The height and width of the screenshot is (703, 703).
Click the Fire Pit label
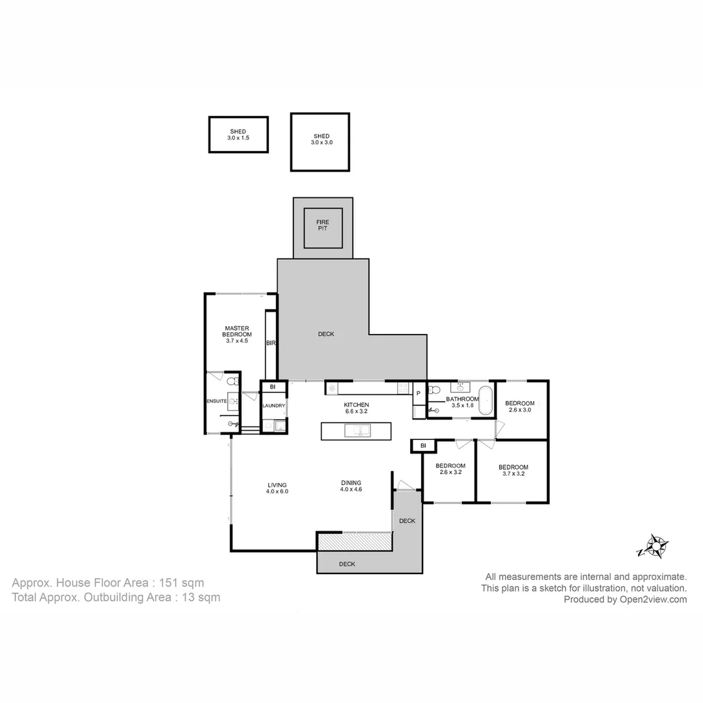tap(323, 225)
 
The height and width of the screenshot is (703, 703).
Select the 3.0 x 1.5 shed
tap(238, 135)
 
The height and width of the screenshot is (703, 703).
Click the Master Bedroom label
tap(238, 331)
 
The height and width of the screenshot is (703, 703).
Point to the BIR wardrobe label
tap(271, 342)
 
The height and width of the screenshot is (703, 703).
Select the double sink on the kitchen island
tap(357, 430)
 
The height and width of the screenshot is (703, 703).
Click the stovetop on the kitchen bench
tap(403, 388)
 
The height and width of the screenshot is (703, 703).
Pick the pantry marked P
tap(419, 393)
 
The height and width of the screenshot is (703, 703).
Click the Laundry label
tap(274, 406)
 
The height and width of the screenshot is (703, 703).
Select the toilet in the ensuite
tap(231, 380)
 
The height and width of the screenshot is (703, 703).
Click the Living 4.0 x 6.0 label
tap(277, 488)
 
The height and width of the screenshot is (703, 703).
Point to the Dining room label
tap(351, 486)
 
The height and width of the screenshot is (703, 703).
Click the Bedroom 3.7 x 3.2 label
tap(513, 470)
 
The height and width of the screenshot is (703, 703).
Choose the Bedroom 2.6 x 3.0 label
tap(520, 406)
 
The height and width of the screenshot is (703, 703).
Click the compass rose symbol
tap(654, 546)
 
